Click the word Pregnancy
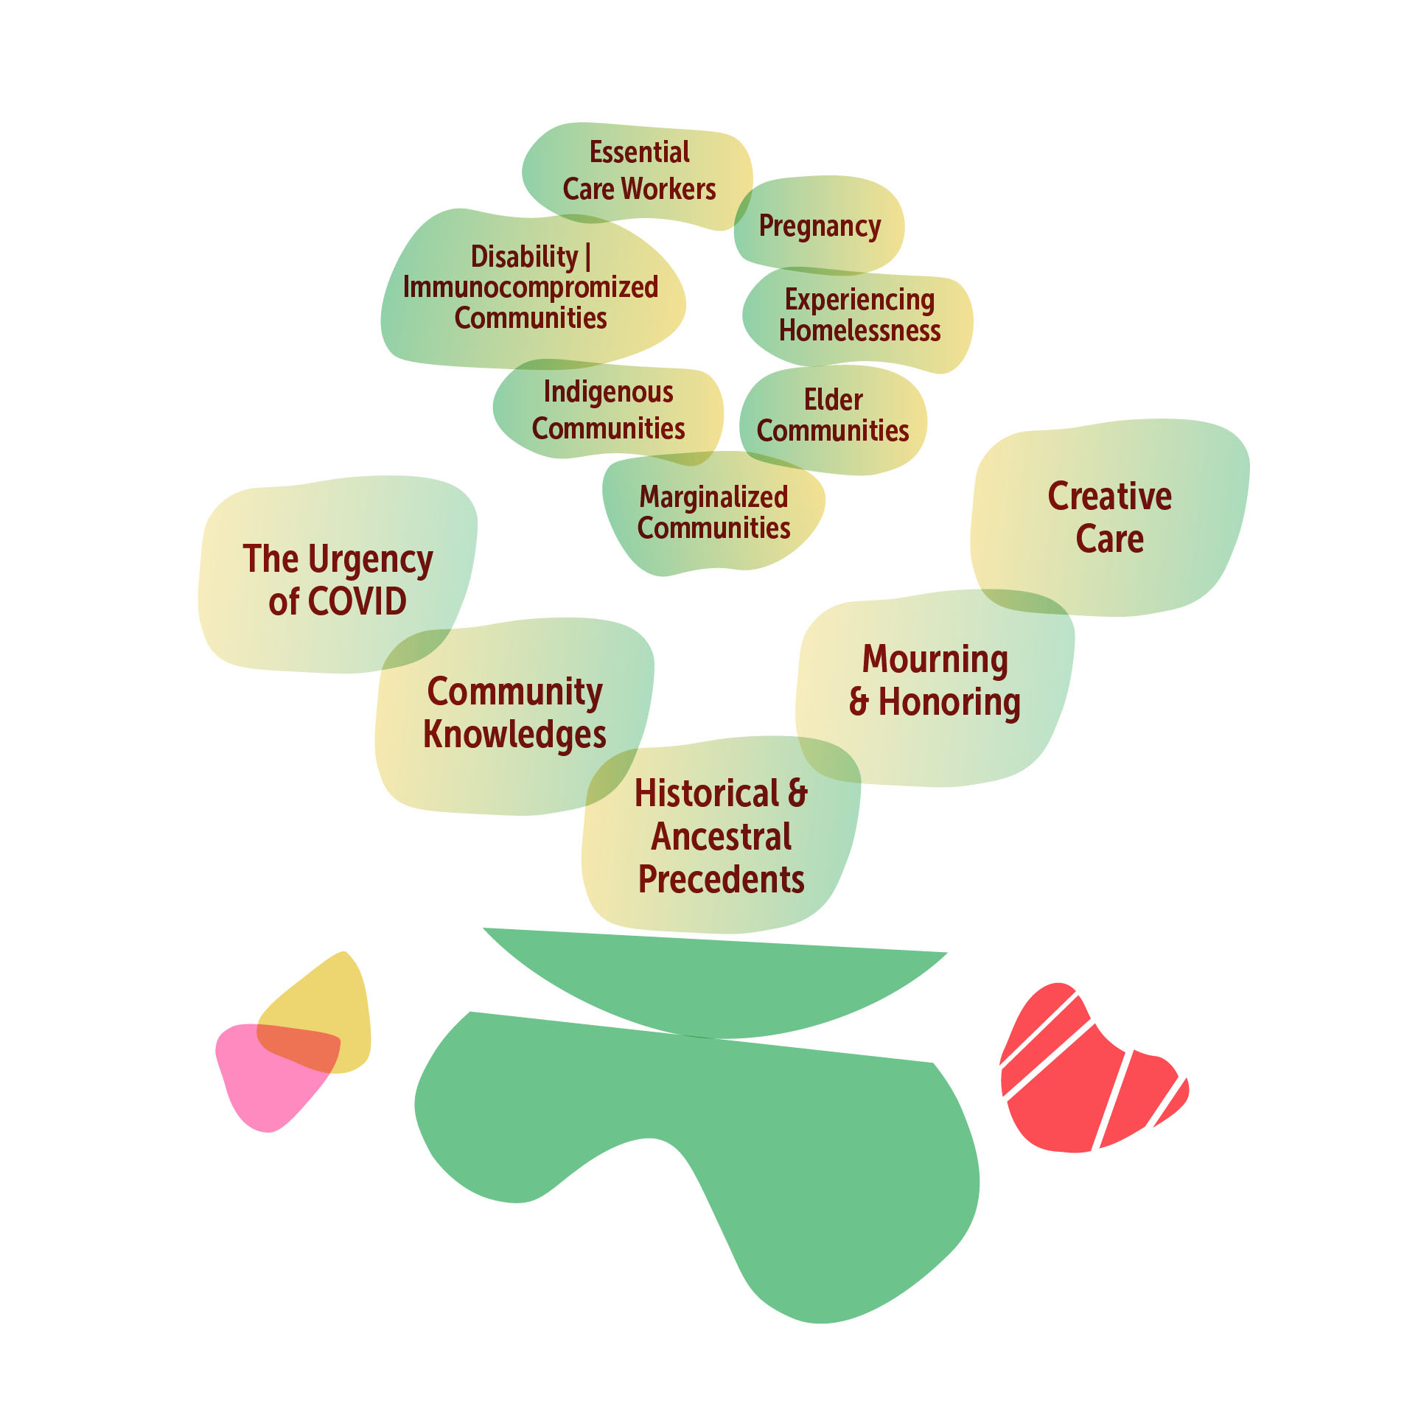tap(820, 226)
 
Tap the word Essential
tap(639, 153)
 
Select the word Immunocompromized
tap(530, 287)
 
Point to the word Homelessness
tap(859, 331)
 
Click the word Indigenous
tap(608, 392)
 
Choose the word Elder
tap(833, 399)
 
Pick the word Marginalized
tap(713, 497)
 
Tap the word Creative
tap(1109, 496)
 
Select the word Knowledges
tap(514, 734)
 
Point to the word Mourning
tap(935, 659)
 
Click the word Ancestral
tap(722, 836)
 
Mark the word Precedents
tap(721, 879)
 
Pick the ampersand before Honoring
tap(859, 702)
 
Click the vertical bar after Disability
tap(587, 257)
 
